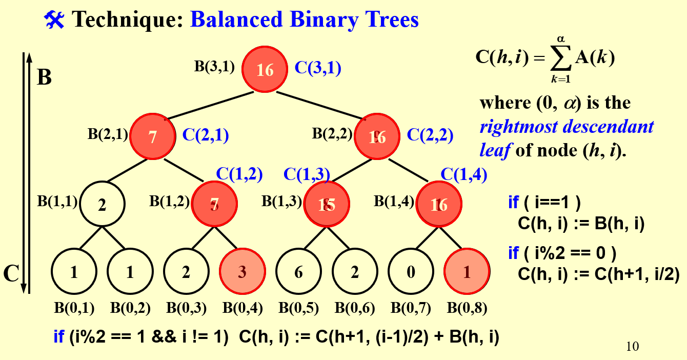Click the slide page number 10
click(633, 347)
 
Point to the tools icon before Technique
click(54, 20)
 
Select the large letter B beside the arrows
click(45, 77)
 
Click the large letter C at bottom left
click(11, 274)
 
